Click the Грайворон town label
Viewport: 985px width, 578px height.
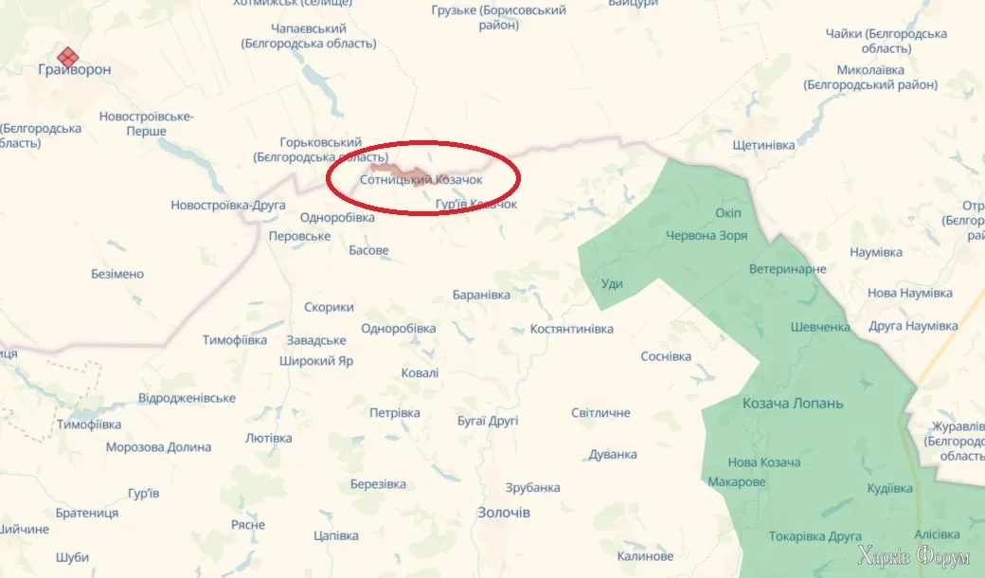click(74, 70)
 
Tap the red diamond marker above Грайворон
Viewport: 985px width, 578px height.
click(67, 54)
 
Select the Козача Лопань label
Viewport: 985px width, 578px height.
click(793, 404)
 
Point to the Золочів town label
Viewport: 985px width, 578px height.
click(503, 513)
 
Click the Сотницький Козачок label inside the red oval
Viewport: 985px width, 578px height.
click(421, 179)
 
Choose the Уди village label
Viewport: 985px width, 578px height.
click(612, 284)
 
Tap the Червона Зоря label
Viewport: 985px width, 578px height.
click(707, 236)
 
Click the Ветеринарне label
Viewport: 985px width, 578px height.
click(787, 269)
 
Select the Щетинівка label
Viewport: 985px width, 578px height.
click(763, 145)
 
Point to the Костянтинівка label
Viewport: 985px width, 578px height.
click(571, 329)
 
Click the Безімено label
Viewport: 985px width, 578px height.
click(117, 274)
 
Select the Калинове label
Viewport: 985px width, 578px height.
click(645, 556)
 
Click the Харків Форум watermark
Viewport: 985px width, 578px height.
click(913, 556)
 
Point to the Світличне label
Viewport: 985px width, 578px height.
click(600, 413)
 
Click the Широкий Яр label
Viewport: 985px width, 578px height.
click(316, 361)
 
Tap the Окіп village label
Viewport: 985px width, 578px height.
click(728, 211)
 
